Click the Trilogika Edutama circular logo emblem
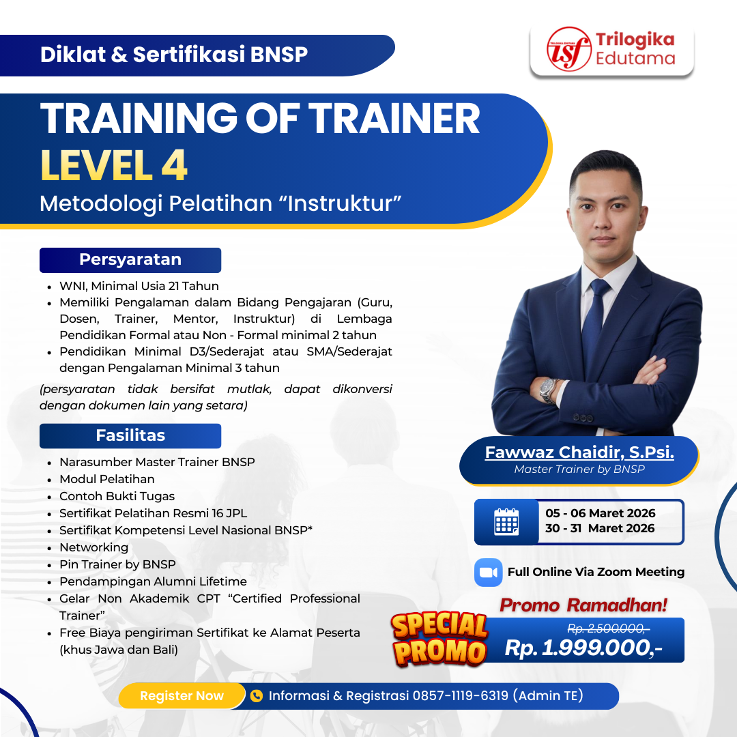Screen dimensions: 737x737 point(569,49)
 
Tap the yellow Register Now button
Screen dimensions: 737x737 point(182,696)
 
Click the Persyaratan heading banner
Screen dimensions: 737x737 point(130,260)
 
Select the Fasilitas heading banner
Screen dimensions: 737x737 point(130,435)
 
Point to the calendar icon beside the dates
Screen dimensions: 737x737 point(506,521)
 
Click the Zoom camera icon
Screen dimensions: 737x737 point(488,572)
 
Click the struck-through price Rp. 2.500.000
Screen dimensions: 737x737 point(608,628)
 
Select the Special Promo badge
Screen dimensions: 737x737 point(439,639)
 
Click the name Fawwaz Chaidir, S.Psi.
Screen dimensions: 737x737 point(579,452)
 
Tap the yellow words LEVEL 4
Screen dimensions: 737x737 point(114,166)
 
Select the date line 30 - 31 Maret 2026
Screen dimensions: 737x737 point(600,528)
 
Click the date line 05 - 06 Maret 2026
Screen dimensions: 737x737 point(601,513)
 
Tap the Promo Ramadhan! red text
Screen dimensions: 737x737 point(583,605)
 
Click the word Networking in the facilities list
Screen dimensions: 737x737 point(93,547)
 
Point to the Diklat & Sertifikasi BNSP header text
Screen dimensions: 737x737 point(174,55)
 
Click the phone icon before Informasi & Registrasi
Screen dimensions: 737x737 point(257,696)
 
